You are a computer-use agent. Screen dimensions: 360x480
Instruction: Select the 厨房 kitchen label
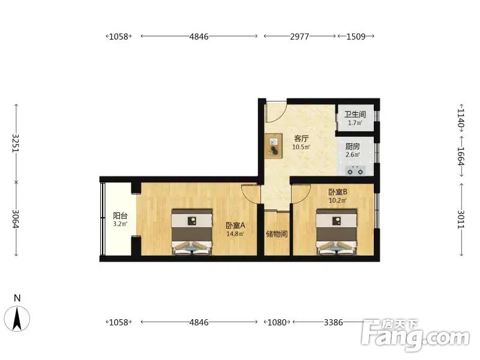352,146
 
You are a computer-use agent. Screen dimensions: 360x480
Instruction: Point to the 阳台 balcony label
120,216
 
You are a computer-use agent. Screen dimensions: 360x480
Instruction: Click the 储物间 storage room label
276,233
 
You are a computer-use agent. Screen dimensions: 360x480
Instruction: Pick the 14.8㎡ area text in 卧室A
235,234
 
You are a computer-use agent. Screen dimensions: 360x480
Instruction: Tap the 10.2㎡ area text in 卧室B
337,201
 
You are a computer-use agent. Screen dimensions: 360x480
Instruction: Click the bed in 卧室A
192,232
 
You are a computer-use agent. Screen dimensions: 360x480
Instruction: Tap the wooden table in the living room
274,145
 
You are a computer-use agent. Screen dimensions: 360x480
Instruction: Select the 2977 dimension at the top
299,36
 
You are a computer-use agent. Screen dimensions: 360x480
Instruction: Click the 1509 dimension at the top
356,36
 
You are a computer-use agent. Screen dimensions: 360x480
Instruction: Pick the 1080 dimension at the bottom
277,322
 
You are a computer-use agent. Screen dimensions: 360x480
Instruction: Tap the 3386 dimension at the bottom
333,322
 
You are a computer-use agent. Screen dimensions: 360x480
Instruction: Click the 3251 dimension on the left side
16,143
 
